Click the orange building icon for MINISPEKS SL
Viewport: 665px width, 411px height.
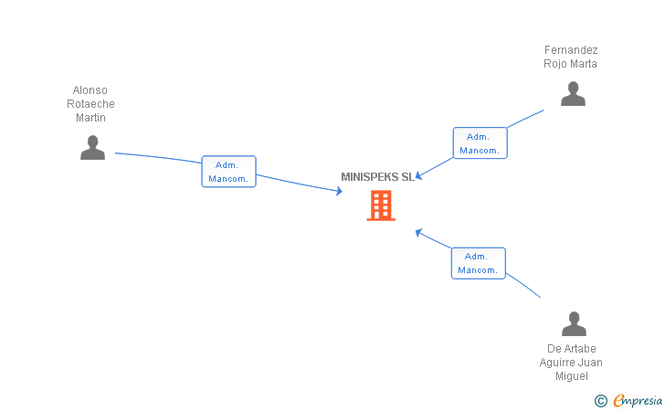pyautogui.click(x=381, y=205)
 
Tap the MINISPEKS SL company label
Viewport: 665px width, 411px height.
pyautogui.click(x=377, y=177)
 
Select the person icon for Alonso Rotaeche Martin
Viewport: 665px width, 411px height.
pyautogui.click(x=92, y=147)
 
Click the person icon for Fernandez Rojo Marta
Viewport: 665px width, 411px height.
pyautogui.click(x=573, y=94)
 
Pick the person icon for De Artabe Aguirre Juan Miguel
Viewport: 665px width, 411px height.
pyautogui.click(x=573, y=323)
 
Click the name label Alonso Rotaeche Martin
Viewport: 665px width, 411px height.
pyautogui.click(x=90, y=104)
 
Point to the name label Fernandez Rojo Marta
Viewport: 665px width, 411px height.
pyautogui.click(x=570, y=57)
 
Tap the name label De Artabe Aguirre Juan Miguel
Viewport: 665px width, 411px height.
pyautogui.click(x=571, y=363)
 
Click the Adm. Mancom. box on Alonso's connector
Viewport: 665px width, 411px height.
pyautogui.click(x=228, y=172)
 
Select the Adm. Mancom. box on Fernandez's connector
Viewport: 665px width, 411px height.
pyautogui.click(x=480, y=143)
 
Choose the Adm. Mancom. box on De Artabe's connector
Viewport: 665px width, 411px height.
pyautogui.click(x=478, y=263)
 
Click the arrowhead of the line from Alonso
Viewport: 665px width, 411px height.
pyautogui.click(x=339, y=191)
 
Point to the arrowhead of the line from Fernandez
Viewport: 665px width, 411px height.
pyautogui.click(x=419, y=175)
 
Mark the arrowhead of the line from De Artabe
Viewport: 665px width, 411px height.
pyautogui.click(x=418, y=232)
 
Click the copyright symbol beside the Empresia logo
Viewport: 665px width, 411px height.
pyautogui.click(x=600, y=400)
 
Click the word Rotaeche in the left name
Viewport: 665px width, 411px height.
pyautogui.click(x=90, y=104)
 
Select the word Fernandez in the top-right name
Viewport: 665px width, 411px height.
pyautogui.click(x=571, y=49)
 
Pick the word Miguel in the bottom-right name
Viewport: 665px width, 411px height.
pyautogui.click(x=571, y=376)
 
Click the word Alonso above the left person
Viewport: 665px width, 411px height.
pyautogui.click(x=90, y=90)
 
